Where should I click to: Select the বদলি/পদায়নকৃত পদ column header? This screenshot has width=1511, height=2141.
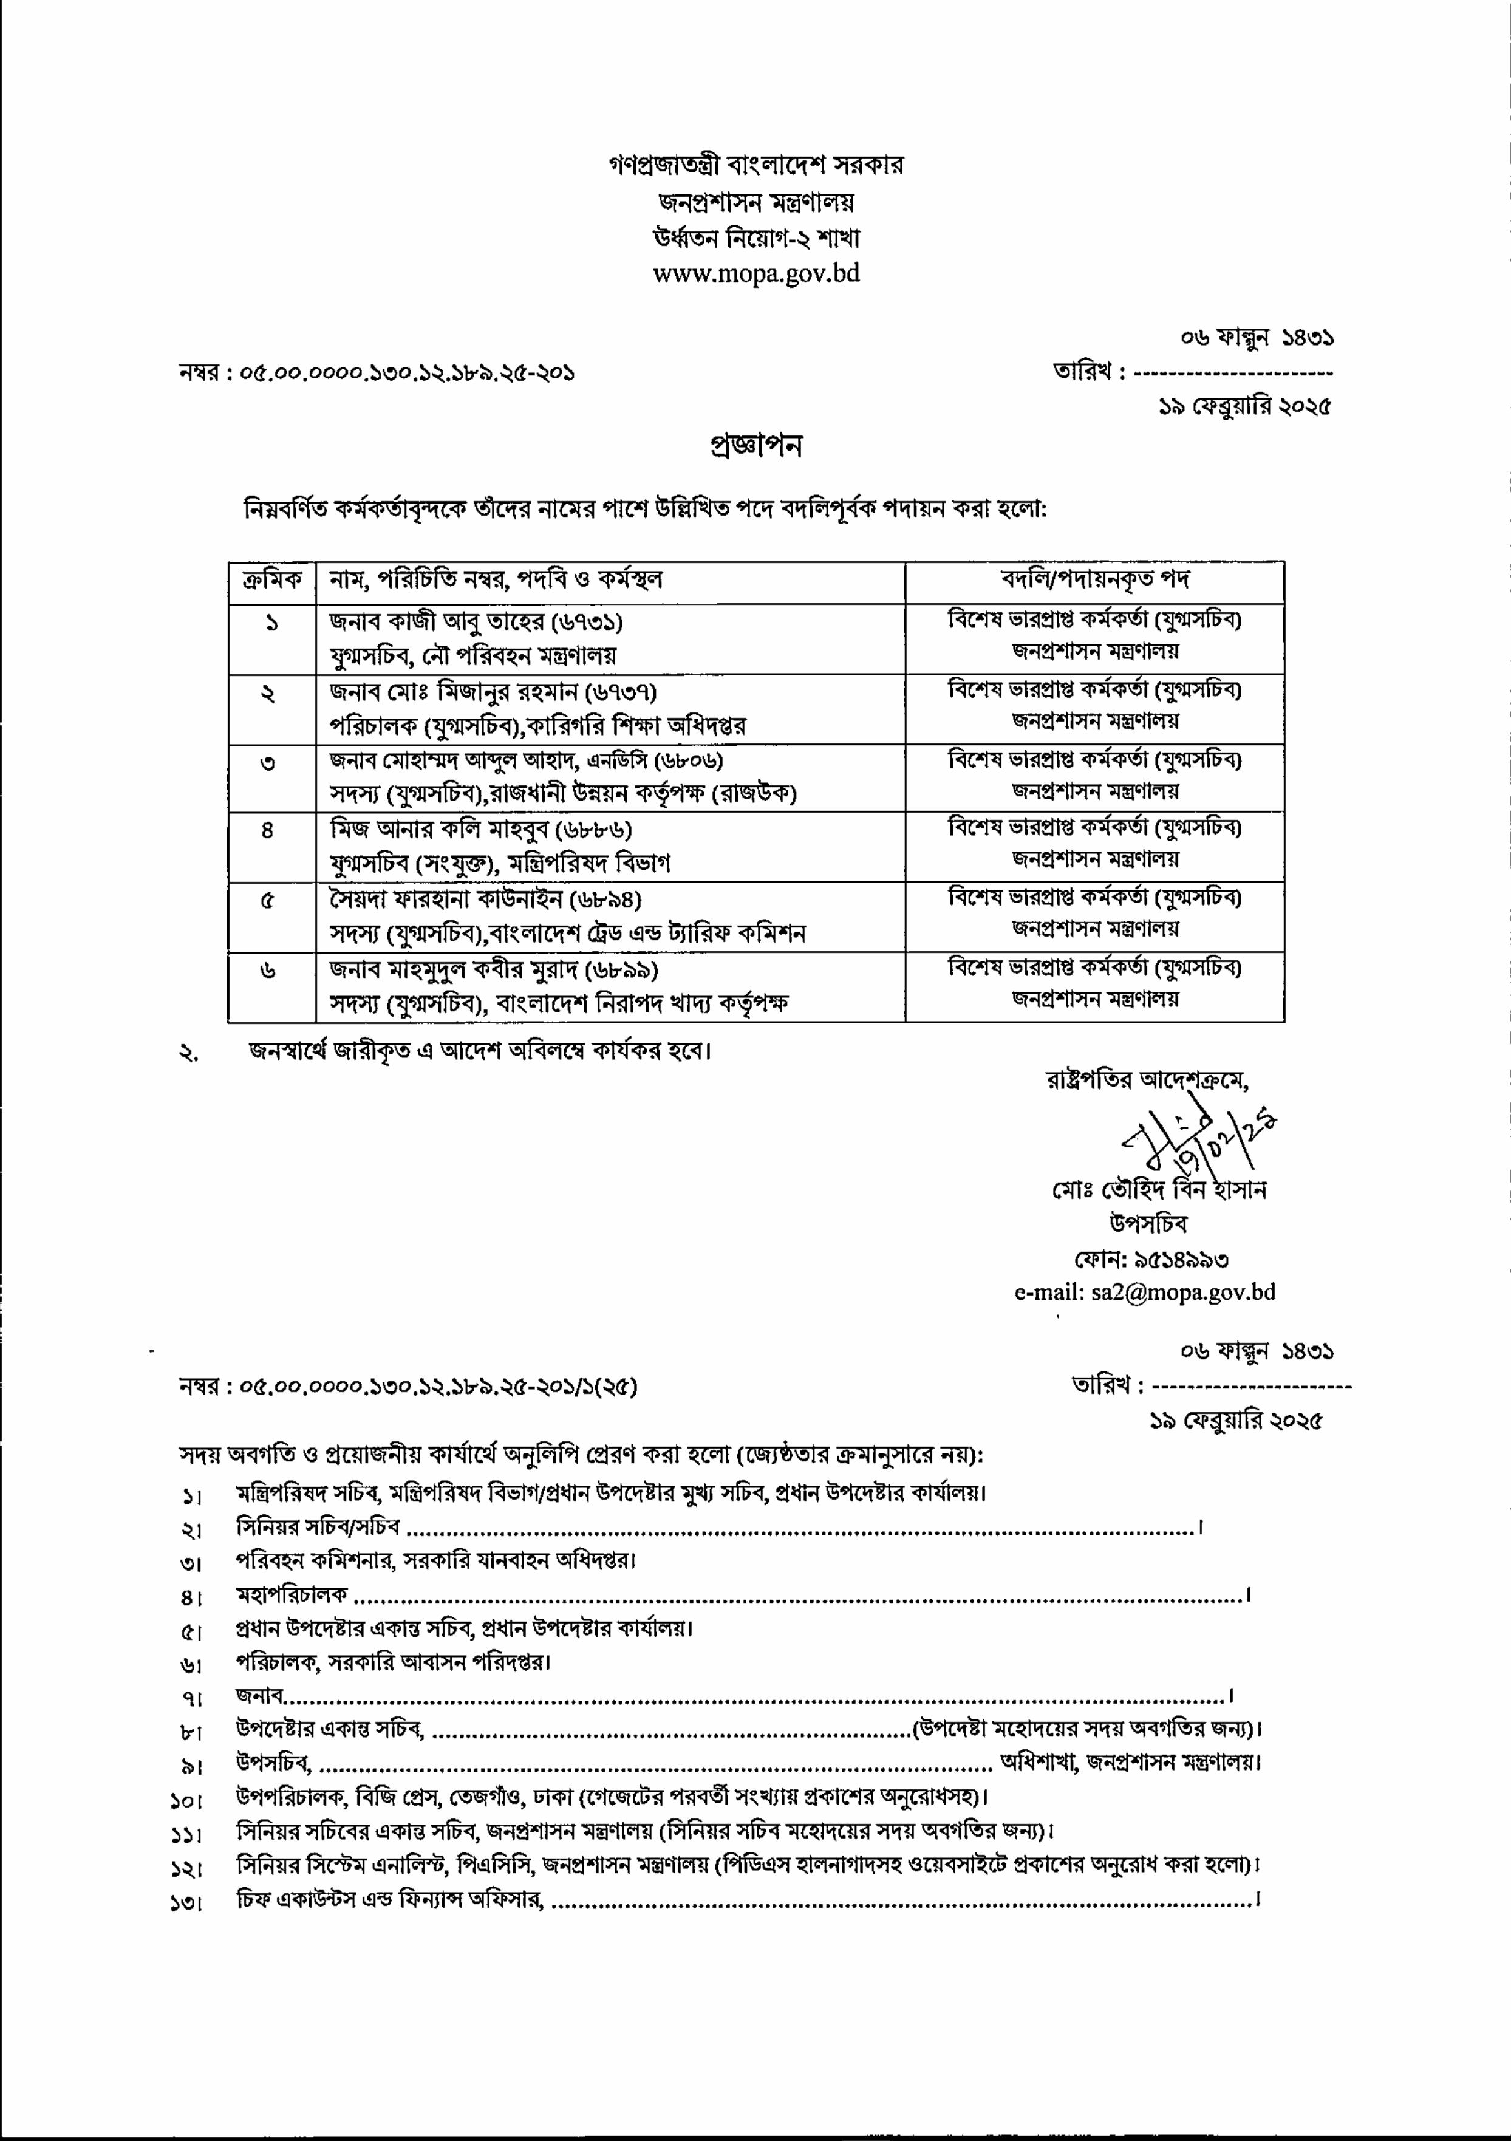point(1094,580)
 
